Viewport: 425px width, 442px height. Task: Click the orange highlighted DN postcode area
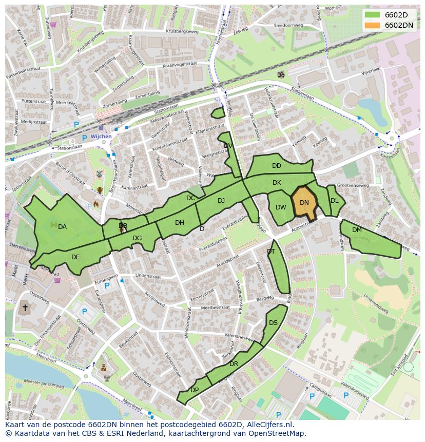304,203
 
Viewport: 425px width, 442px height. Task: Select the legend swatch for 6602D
373,14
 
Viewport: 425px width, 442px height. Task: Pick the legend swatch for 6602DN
373,25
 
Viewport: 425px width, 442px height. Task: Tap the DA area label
62,227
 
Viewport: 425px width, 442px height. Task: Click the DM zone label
357,230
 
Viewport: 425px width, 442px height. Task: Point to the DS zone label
273,323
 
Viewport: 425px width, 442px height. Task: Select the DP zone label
195,390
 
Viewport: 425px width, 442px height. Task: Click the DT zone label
271,252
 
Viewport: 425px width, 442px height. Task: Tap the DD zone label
277,166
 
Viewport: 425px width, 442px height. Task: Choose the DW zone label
281,207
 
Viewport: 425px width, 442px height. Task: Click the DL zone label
334,201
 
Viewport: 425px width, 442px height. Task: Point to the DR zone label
234,364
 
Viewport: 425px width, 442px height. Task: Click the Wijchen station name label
101,137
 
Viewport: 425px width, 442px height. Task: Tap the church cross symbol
24,308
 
